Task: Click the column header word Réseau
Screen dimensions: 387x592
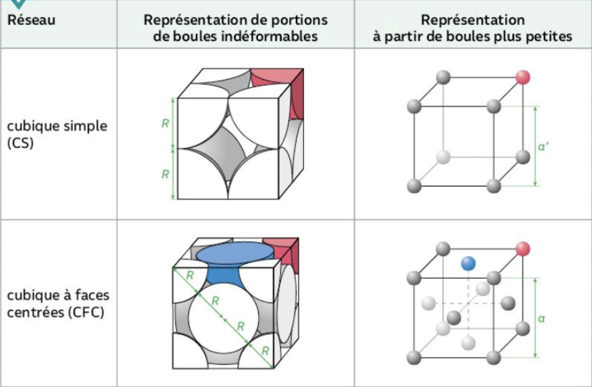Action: (x=31, y=20)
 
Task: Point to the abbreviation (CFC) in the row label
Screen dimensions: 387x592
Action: (x=86, y=312)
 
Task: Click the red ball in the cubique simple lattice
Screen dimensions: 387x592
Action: (x=523, y=77)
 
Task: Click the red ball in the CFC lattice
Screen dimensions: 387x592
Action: (x=523, y=249)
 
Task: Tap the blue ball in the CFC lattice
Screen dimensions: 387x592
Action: (x=468, y=264)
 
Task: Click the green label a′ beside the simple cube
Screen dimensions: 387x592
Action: (x=543, y=147)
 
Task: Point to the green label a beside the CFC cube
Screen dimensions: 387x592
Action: (x=541, y=318)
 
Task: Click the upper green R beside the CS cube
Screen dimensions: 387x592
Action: (x=165, y=123)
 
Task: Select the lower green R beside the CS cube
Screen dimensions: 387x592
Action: (x=165, y=174)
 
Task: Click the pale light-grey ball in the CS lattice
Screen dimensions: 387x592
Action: (x=443, y=157)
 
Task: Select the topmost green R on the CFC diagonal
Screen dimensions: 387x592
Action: (x=190, y=275)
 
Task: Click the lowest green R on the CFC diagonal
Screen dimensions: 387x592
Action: (x=265, y=351)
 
